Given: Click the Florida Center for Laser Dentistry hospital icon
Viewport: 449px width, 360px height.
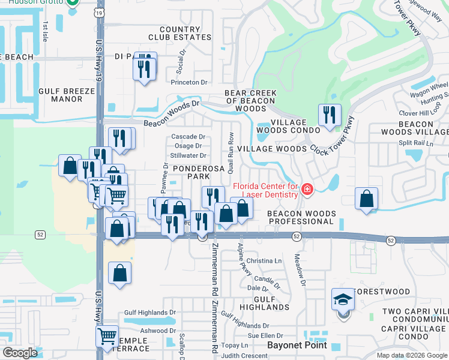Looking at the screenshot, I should pyautogui.click(x=307, y=190).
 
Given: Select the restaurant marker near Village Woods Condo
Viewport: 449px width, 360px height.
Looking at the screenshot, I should pyautogui.click(x=329, y=115).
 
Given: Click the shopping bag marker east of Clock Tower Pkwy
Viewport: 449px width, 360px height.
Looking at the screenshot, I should pyautogui.click(x=366, y=199).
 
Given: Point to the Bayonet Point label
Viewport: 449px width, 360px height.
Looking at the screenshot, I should pyautogui.click(x=297, y=345).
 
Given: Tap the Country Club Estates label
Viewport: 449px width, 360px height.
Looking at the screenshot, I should pyautogui.click(x=185, y=33).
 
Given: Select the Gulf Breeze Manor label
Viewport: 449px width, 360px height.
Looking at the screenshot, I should pyautogui.click(x=67, y=95).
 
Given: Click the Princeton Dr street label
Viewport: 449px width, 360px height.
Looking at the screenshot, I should pyautogui.click(x=188, y=82).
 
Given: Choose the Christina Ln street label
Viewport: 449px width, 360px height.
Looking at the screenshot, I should pyautogui.click(x=264, y=261).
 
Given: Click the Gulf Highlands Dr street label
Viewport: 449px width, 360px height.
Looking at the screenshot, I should pyautogui.click(x=149, y=313).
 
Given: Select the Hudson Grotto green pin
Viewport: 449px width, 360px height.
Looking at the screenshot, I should pyautogui.click(x=73, y=2).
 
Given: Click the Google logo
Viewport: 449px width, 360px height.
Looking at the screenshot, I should pyautogui.click(x=19, y=352).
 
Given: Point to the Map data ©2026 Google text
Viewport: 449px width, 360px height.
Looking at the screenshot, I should pyautogui.click(x=412, y=355).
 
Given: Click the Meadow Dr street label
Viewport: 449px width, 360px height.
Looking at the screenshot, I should pyautogui.click(x=300, y=270).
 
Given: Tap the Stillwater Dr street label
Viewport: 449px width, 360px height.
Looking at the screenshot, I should pyautogui.click(x=188, y=155).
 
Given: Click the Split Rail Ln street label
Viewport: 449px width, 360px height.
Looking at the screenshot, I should pyautogui.click(x=416, y=143).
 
